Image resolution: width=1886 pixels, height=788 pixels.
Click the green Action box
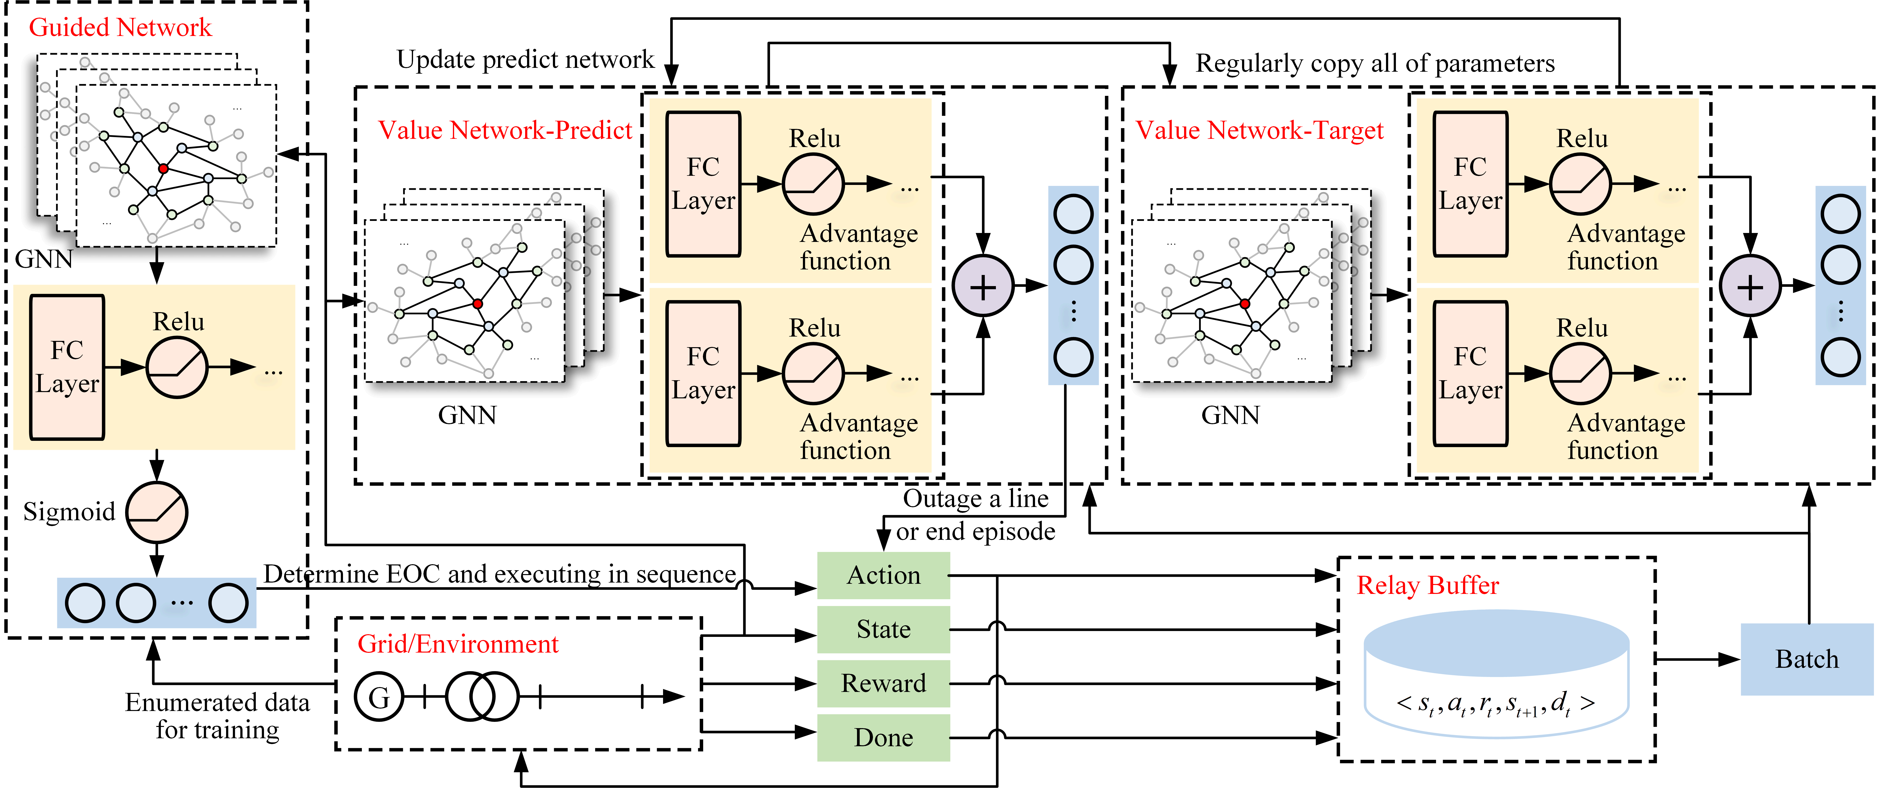[883, 576]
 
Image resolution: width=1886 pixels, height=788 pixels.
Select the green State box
[883, 629]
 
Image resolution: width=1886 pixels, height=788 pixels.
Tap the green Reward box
[883, 683]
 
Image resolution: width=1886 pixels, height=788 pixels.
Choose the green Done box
[883, 738]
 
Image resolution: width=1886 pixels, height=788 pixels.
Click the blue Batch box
[1806, 659]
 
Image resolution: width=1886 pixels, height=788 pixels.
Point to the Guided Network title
[120, 28]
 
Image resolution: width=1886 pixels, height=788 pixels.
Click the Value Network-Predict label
[504, 130]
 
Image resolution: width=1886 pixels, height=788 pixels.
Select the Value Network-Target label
[1259, 130]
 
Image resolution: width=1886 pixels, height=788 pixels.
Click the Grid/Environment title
[457, 644]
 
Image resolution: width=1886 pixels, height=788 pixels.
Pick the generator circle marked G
[379, 697]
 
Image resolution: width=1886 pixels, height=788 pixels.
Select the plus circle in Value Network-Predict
[983, 287]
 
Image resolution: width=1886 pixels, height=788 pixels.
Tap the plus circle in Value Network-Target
[1750, 287]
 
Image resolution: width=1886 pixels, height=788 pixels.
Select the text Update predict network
[525, 59]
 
